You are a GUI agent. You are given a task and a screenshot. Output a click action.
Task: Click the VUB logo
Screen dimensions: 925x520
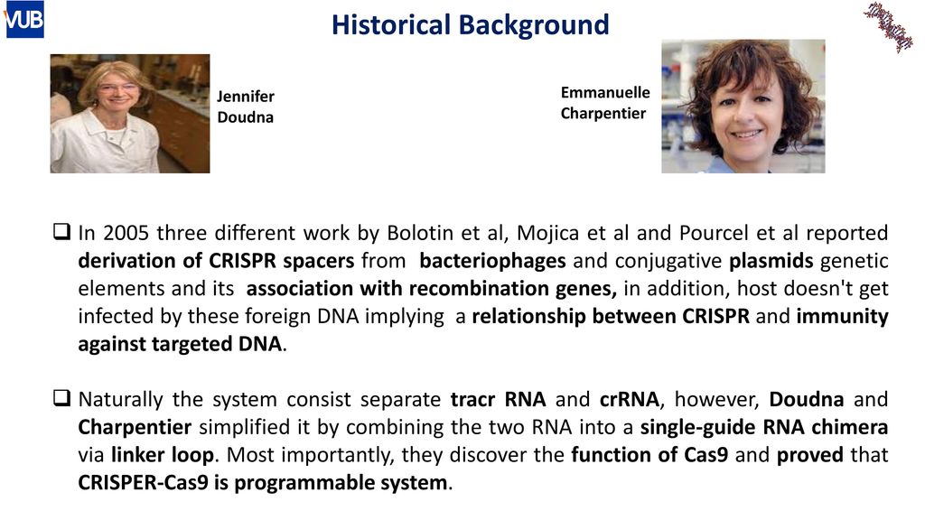point(24,20)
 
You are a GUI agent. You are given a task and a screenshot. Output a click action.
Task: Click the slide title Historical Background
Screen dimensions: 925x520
point(470,24)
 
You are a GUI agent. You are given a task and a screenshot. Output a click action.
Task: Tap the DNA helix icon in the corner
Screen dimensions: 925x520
point(889,26)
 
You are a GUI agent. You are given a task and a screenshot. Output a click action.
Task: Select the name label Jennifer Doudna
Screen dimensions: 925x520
point(246,107)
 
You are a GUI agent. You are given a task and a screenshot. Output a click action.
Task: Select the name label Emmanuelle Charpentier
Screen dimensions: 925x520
point(605,103)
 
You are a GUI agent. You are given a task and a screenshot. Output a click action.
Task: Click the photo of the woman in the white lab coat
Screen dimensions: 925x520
point(130,114)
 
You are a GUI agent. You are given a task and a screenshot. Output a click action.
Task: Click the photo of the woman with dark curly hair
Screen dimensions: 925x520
point(743,107)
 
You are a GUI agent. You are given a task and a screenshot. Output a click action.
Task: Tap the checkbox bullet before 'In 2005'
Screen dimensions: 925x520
point(61,232)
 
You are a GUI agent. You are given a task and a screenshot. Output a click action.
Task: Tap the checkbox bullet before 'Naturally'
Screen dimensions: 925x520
point(61,398)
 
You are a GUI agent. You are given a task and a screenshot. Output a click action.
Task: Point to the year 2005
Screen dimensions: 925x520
point(126,233)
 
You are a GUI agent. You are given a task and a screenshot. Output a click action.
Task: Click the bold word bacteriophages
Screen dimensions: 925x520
point(492,261)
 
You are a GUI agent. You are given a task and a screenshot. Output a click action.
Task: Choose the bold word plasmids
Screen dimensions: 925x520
point(771,261)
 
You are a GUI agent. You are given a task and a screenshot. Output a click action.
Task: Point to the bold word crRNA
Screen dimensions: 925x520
point(629,400)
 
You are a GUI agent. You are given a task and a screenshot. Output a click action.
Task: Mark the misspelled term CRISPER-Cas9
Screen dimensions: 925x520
point(144,483)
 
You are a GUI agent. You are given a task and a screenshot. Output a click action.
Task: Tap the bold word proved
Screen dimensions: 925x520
point(810,456)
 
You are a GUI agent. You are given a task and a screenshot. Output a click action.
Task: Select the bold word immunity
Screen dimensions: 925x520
point(843,317)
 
